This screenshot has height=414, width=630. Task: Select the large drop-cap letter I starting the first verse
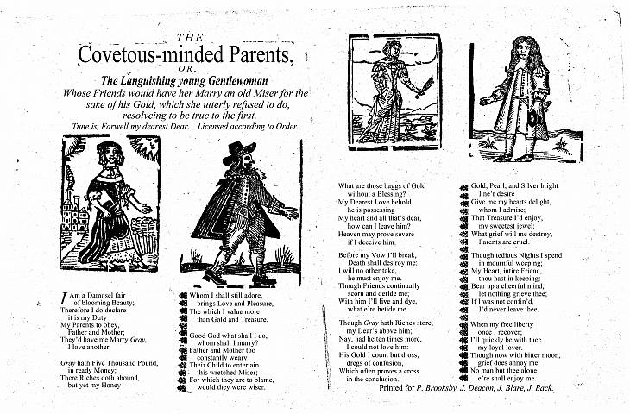[63, 299]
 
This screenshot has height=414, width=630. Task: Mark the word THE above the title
[187, 37]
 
